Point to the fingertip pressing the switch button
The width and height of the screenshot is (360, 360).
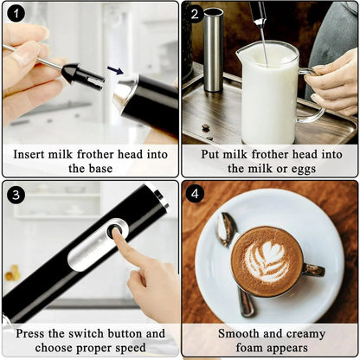coord(119,236)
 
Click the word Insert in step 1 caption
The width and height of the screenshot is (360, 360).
coord(32,154)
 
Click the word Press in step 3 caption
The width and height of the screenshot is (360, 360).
coord(33,333)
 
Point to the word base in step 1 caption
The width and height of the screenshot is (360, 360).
coord(102,169)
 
